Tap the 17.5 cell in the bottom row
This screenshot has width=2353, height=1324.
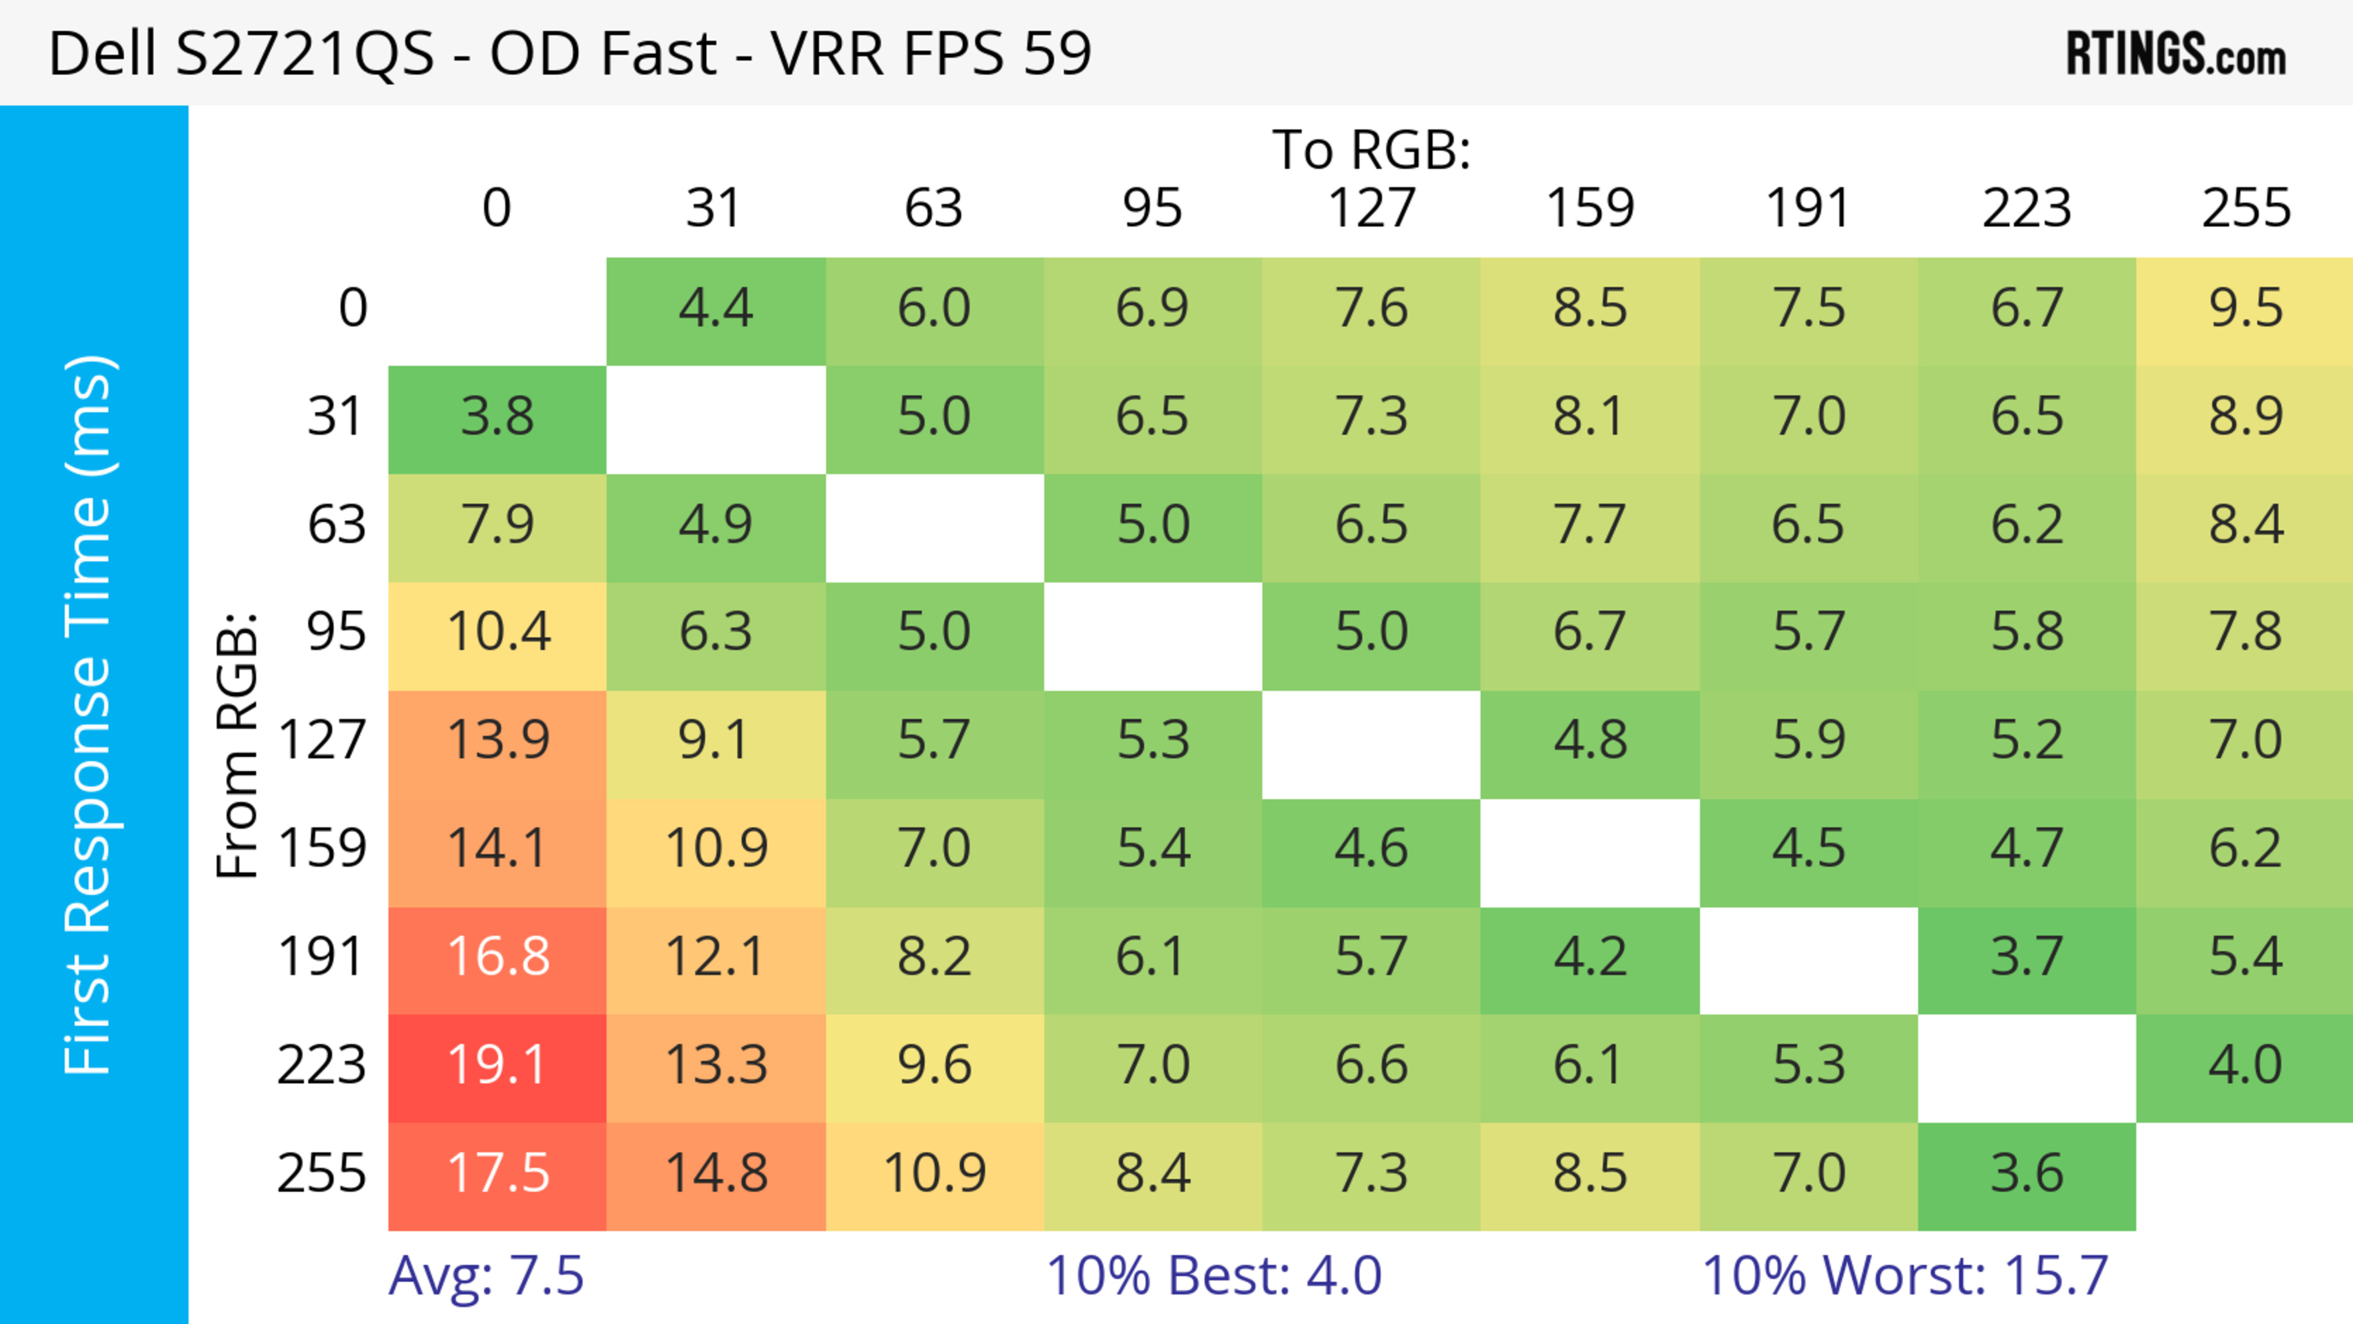pos(497,1175)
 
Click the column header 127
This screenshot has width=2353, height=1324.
pos(1371,209)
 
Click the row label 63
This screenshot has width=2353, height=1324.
pos(336,526)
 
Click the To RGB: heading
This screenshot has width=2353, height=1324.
pos(1371,151)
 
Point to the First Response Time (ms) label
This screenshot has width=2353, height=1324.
pos(89,715)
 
